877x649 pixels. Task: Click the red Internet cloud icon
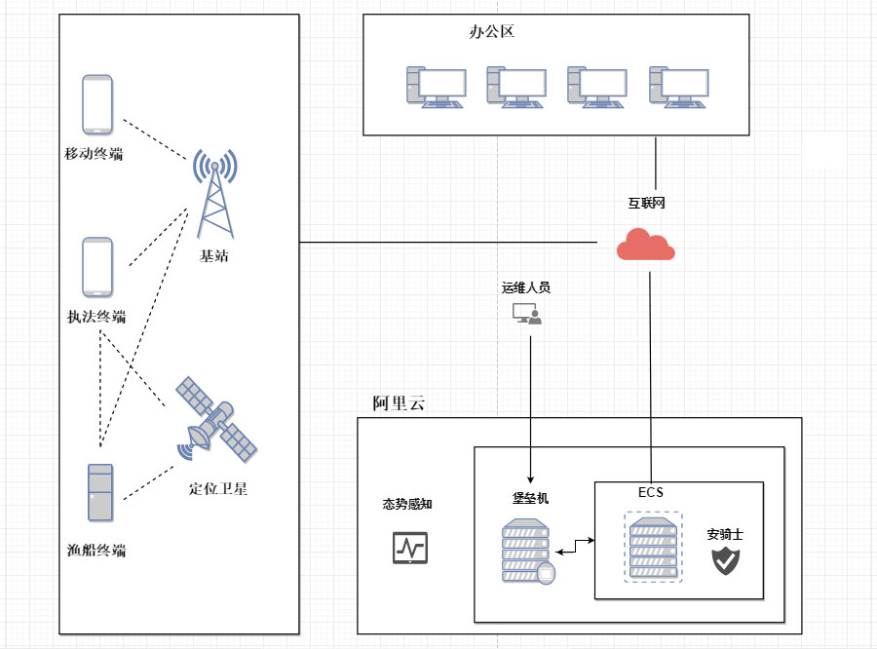[x=646, y=245]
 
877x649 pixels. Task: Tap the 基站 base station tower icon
[x=214, y=194]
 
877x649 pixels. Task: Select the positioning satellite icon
[x=216, y=420]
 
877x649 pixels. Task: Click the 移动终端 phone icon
[x=97, y=105]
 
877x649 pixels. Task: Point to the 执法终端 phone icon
[x=97, y=267]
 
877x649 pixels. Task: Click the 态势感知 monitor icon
[x=409, y=548]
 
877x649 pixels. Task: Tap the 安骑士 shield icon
[x=725, y=559]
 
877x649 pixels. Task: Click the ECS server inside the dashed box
[x=653, y=548]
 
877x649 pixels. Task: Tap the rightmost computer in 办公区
[x=678, y=87]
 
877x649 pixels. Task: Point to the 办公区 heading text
[x=491, y=31]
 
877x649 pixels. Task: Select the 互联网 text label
[x=646, y=204]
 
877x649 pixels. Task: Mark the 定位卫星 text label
[x=218, y=489]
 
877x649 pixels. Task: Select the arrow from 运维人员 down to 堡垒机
[x=530, y=409]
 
